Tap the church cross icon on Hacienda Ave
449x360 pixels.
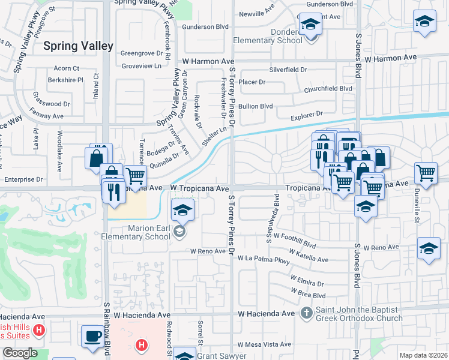click(307, 313)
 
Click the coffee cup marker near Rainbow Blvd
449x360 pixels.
click(92, 337)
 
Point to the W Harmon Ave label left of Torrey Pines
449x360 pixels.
click(208, 61)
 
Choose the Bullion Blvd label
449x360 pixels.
click(255, 106)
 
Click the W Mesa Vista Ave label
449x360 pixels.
click(264, 345)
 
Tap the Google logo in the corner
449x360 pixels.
click(20, 353)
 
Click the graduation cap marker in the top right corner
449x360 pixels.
click(424, 21)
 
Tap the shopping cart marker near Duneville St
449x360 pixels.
click(426, 173)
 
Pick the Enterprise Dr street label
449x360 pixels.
click(23, 179)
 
